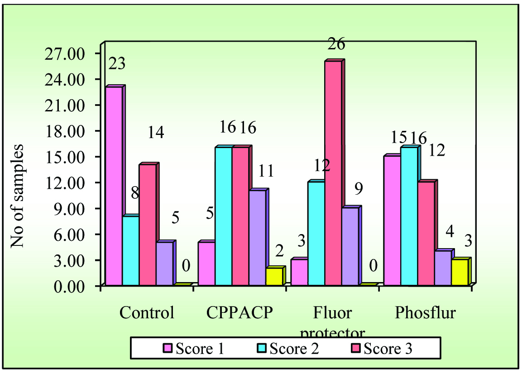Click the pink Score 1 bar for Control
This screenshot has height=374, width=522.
point(113,186)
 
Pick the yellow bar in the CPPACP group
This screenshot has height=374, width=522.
point(274,276)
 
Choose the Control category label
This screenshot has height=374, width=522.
point(147,313)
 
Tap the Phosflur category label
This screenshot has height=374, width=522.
point(425,313)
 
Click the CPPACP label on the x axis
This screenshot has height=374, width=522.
point(239,313)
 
